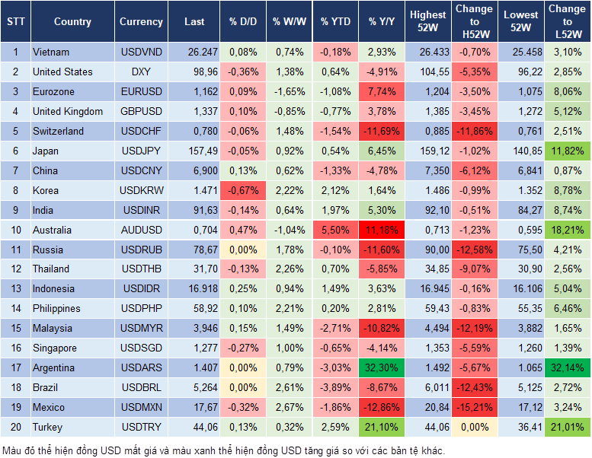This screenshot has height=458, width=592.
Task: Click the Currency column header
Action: pos(141,22)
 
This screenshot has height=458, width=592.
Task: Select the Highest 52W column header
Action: pos(428,22)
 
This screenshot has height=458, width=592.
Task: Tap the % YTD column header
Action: pos(335,22)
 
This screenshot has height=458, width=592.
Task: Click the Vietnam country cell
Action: pos(51,52)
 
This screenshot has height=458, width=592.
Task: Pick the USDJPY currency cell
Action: pos(141,151)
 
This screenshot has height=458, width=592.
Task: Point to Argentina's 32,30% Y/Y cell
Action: pos(382,367)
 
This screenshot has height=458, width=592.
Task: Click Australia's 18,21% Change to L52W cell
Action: pos(567,230)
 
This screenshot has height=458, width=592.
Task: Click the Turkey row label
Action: pos(47,427)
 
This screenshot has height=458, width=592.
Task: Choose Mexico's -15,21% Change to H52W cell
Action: pos(474,407)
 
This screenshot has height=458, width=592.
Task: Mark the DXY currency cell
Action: pos(141,72)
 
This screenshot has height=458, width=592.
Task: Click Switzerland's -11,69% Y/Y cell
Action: pos(382,131)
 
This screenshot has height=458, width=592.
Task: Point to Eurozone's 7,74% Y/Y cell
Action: pos(382,92)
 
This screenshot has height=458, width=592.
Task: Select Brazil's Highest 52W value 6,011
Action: pos(428,387)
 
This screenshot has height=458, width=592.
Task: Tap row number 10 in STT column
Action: pos(15,230)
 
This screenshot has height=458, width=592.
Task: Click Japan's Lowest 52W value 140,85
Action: pos(521,151)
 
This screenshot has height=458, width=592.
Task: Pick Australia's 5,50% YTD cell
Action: pos(335,230)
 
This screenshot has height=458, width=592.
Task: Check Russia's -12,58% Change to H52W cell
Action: pos(474,250)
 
